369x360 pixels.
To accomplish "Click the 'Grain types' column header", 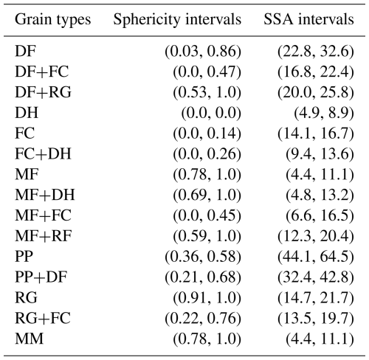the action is coord(53,20).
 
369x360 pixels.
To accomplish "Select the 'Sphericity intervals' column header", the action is coord(177,19).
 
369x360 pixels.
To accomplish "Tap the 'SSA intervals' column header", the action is coord(308,19).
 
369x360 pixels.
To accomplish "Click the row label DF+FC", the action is coord(41,72).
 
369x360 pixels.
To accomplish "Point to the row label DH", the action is coord(27,113).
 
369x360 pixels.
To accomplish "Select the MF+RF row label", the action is coord(44,236).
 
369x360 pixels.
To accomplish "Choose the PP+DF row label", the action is coord(41,277).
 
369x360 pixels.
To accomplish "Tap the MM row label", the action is coord(29,339).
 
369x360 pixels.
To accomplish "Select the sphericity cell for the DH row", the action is coord(211,114).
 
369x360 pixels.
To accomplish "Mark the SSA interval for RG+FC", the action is coord(316,319).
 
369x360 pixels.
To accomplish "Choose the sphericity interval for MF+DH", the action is coord(207,195).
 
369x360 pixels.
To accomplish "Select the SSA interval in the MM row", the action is coord(320,339).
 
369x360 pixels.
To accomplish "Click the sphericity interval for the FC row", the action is coord(207,134).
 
